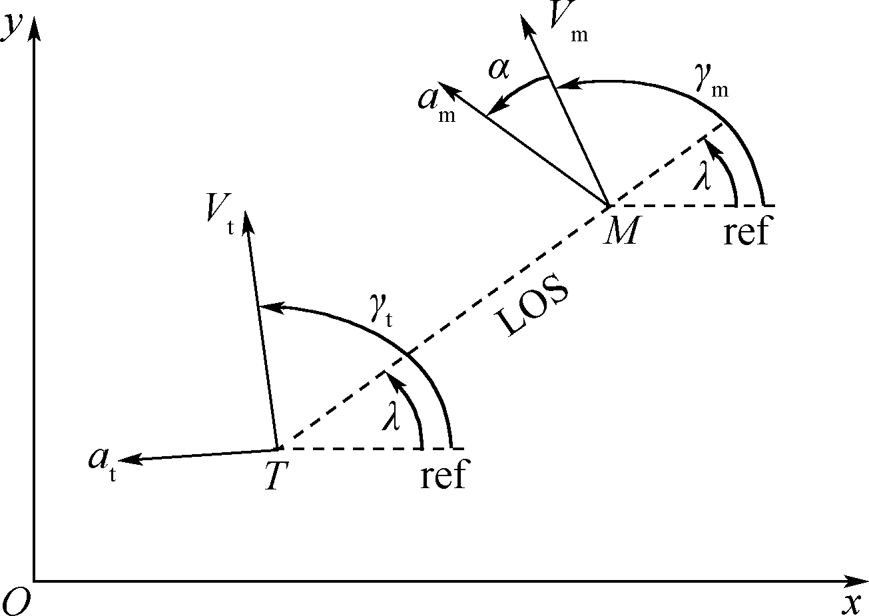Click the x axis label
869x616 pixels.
852,603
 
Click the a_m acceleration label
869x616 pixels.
437,103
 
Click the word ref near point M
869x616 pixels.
745,232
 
